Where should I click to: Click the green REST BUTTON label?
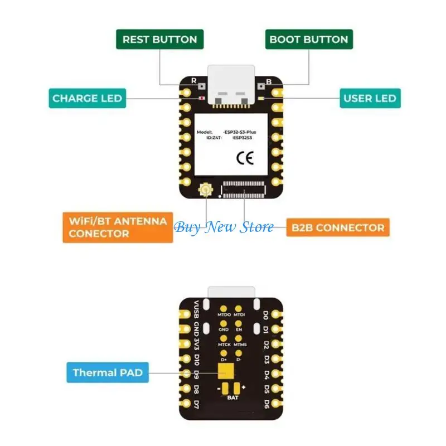coord(159,40)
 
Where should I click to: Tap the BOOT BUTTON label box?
coord(308,40)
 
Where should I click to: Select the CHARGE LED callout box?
coord(87,99)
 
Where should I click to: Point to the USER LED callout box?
coord(369,99)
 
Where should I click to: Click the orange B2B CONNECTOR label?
coord(337,227)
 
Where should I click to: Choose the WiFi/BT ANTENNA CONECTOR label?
coord(118,227)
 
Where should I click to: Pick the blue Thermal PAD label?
coord(108,372)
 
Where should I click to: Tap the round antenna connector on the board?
coord(205,192)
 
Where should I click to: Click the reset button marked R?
coord(200,88)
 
